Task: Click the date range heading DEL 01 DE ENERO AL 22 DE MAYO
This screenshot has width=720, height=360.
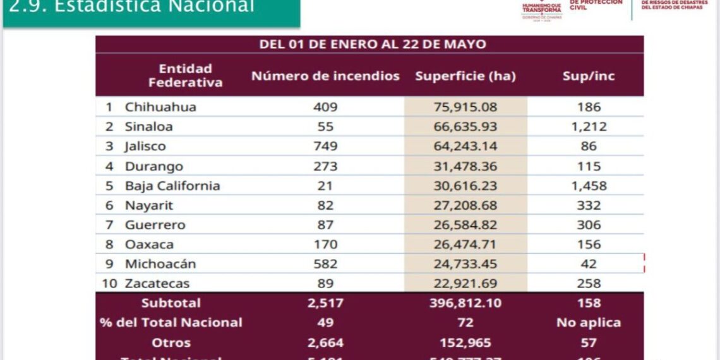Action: pyautogui.click(x=373, y=44)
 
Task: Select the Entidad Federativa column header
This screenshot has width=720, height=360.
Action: pyautogui.click(x=185, y=76)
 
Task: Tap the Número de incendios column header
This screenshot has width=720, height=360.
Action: pyautogui.click(x=325, y=76)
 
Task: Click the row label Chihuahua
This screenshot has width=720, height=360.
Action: pyautogui.click(x=160, y=107)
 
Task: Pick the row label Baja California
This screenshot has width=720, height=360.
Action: pyautogui.click(x=172, y=186)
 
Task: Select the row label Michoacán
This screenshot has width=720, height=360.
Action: pyautogui.click(x=160, y=264)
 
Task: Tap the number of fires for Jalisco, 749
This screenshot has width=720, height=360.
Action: pyautogui.click(x=325, y=147)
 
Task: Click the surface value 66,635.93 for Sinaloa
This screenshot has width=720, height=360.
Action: pyautogui.click(x=465, y=126)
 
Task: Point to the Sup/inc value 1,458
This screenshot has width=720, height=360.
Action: pyautogui.click(x=589, y=186)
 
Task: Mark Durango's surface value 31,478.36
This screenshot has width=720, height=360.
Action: pyautogui.click(x=465, y=166)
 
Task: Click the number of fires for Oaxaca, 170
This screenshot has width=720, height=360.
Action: pyautogui.click(x=325, y=244)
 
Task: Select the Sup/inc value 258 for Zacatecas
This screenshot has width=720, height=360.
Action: pyautogui.click(x=589, y=284)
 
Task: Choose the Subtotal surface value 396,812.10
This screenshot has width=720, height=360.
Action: pyautogui.click(x=465, y=303)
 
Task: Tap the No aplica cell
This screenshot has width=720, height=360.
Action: pyautogui.click(x=589, y=323)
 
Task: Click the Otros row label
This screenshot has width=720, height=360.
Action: pyautogui.click(x=171, y=342)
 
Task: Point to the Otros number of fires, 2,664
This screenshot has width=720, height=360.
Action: pyautogui.click(x=325, y=342)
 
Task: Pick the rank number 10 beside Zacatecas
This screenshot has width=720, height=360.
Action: pyautogui.click(x=110, y=284)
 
